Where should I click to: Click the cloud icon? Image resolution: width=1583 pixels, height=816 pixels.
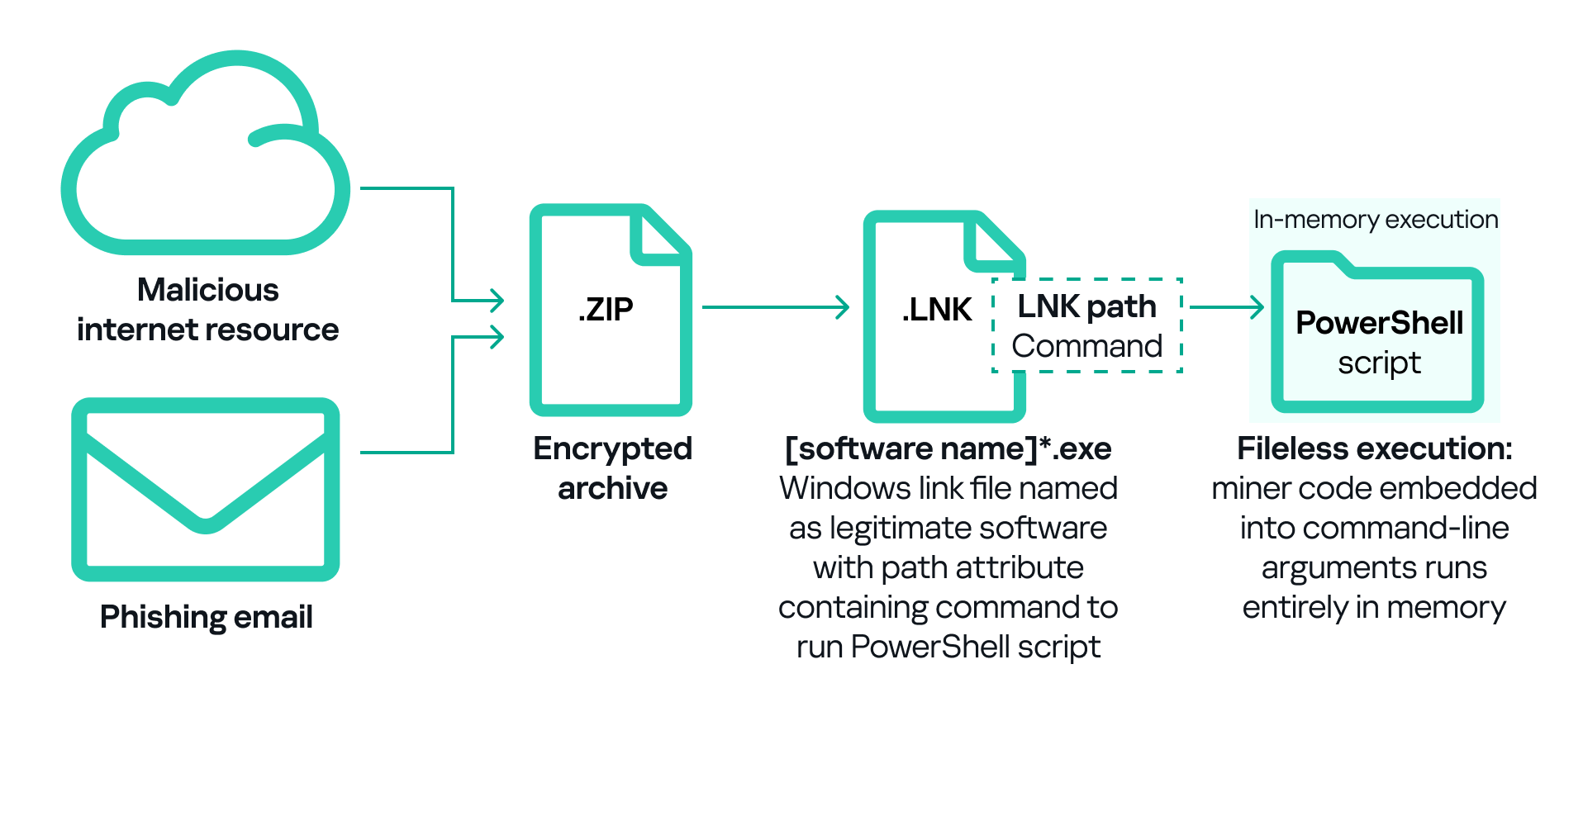point(205,157)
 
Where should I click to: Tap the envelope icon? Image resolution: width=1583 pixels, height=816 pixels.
point(206,489)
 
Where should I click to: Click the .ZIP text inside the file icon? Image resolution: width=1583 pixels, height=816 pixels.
point(606,310)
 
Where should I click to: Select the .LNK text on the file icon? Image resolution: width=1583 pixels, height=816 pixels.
point(936,310)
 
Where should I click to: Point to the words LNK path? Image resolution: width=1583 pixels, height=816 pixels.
point(1086,306)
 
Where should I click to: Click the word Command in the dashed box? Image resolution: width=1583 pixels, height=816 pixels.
point(1086,346)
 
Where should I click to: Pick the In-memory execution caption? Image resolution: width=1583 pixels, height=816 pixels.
point(1375,220)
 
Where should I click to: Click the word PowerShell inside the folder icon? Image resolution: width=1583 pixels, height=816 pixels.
point(1379,323)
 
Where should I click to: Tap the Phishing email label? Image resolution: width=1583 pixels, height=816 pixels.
point(206,617)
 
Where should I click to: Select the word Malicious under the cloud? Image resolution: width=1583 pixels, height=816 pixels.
point(207,290)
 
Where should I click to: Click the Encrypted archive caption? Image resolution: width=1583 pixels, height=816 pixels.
point(612,468)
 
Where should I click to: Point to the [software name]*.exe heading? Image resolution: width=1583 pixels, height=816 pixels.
point(948,448)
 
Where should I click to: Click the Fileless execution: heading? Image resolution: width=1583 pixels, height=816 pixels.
point(1374,448)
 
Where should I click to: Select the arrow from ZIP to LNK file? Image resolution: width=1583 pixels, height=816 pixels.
point(774,307)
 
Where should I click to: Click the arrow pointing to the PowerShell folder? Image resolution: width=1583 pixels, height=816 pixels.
point(1226,307)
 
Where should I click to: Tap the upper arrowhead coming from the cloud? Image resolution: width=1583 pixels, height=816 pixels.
point(496,300)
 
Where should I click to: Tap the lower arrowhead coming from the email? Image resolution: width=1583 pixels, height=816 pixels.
point(496,337)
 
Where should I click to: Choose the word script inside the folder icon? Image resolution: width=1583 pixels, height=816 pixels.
point(1379,363)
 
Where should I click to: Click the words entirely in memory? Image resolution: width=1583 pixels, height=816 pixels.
point(1374,607)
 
